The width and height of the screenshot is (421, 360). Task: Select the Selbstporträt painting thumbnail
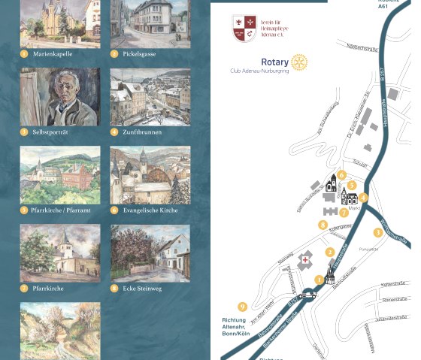point(60,97)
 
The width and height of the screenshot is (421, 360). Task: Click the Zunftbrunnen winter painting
point(150,97)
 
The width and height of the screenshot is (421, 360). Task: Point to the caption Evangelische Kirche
point(150,210)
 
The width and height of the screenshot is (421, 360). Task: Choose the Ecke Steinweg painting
point(150,253)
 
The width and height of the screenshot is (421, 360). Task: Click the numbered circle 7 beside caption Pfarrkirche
point(24,288)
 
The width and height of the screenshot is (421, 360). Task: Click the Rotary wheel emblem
point(300,61)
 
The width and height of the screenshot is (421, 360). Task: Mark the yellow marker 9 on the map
point(242,306)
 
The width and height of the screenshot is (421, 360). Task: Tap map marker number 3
point(378,232)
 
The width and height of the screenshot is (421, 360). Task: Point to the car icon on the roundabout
point(306,295)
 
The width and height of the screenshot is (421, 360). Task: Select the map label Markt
point(354,208)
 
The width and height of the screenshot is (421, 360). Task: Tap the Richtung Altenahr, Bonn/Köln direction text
point(235,326)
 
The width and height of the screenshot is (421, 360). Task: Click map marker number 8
point(323,224)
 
